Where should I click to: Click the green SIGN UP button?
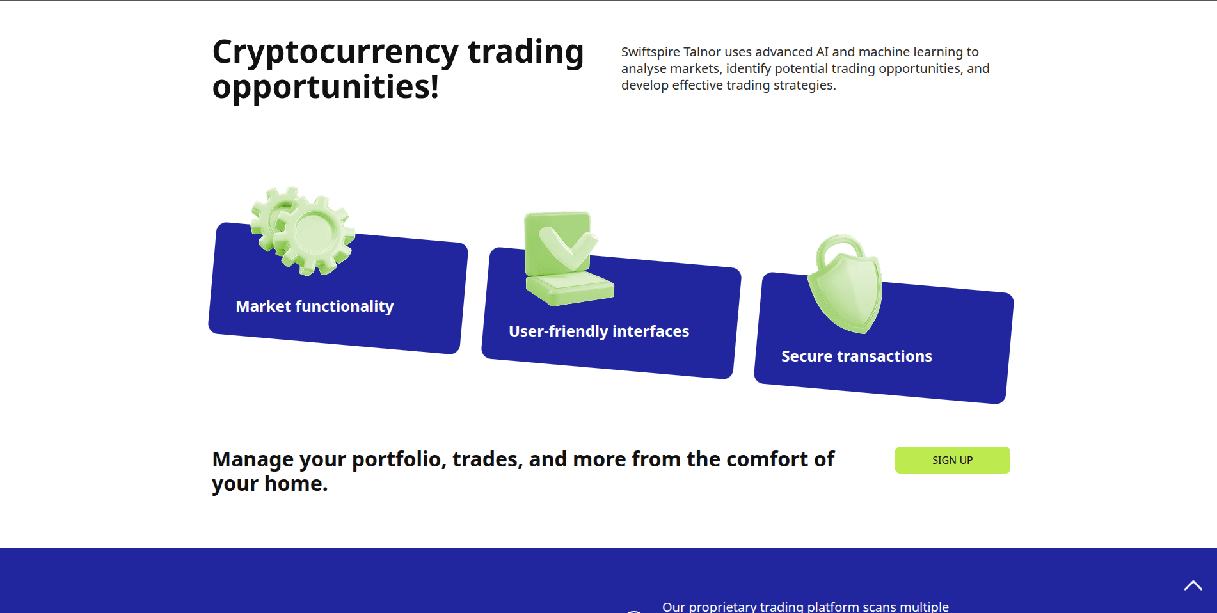[952, 460]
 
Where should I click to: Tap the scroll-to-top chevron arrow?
[1193, 585]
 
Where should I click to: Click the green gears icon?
[303, 231]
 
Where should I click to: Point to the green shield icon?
[845, 284]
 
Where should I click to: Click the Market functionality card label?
[315, 306]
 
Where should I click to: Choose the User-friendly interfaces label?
[599, 331]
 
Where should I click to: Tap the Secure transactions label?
[857, 356]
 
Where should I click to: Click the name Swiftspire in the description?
[650, 52]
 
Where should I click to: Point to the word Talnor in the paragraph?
[702, 52]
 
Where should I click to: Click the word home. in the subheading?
[296, 484]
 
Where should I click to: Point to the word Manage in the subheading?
[253, 460]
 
